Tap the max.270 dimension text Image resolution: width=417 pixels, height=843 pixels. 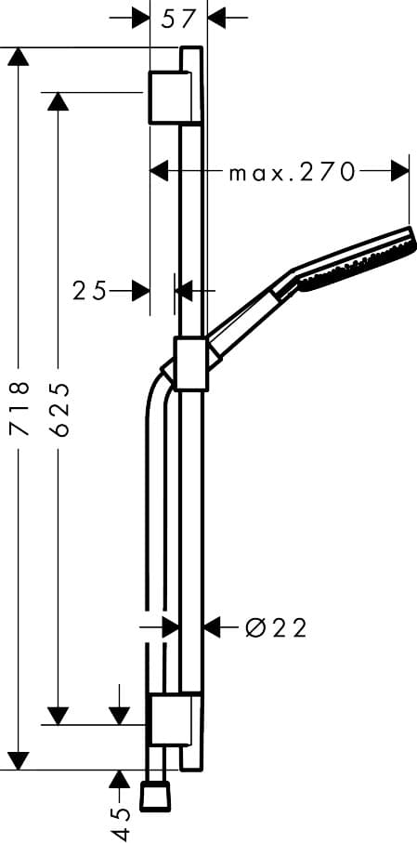pos(293,172)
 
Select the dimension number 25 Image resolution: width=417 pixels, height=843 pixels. pos(89,291)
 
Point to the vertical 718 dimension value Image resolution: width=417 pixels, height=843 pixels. pos(19,407)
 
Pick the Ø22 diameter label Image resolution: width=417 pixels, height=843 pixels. pos(276,628)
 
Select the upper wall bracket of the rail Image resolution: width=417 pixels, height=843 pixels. pos(172,96)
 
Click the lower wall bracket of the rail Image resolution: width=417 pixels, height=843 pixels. pos(172,718)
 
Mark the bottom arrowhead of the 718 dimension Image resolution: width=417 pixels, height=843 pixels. pos(19,760)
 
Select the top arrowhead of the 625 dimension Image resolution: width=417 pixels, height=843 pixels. pos(59,101)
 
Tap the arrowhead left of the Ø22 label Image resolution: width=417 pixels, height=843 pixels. pos(213,627)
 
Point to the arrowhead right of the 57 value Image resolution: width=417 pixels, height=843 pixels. pos(216,17)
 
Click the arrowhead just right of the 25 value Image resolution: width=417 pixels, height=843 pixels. pos(140,291)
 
